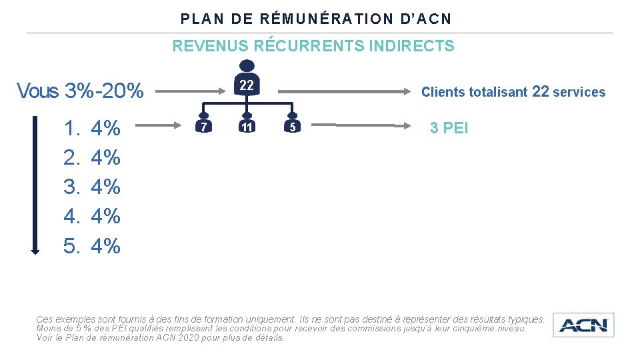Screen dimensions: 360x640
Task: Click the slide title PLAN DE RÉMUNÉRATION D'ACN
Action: [x=316, y=19]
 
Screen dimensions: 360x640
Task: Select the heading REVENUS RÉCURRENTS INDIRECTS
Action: [x=313, y=46]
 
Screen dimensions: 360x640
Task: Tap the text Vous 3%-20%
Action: [x=80, y=91]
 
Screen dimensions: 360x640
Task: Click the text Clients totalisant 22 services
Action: [x=513, y=92]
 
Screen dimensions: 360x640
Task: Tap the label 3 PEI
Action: [x=449, y=128]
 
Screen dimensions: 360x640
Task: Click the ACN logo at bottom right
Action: [x=583, y=325]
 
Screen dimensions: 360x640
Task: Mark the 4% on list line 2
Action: [x=105, y=157]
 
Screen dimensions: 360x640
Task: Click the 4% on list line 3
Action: [x=105, y=187]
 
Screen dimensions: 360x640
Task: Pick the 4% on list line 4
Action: [x=105, y=216]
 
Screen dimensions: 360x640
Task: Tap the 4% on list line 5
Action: [x=105, y=246]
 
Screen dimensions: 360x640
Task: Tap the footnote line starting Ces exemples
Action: [x=290, y=320]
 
